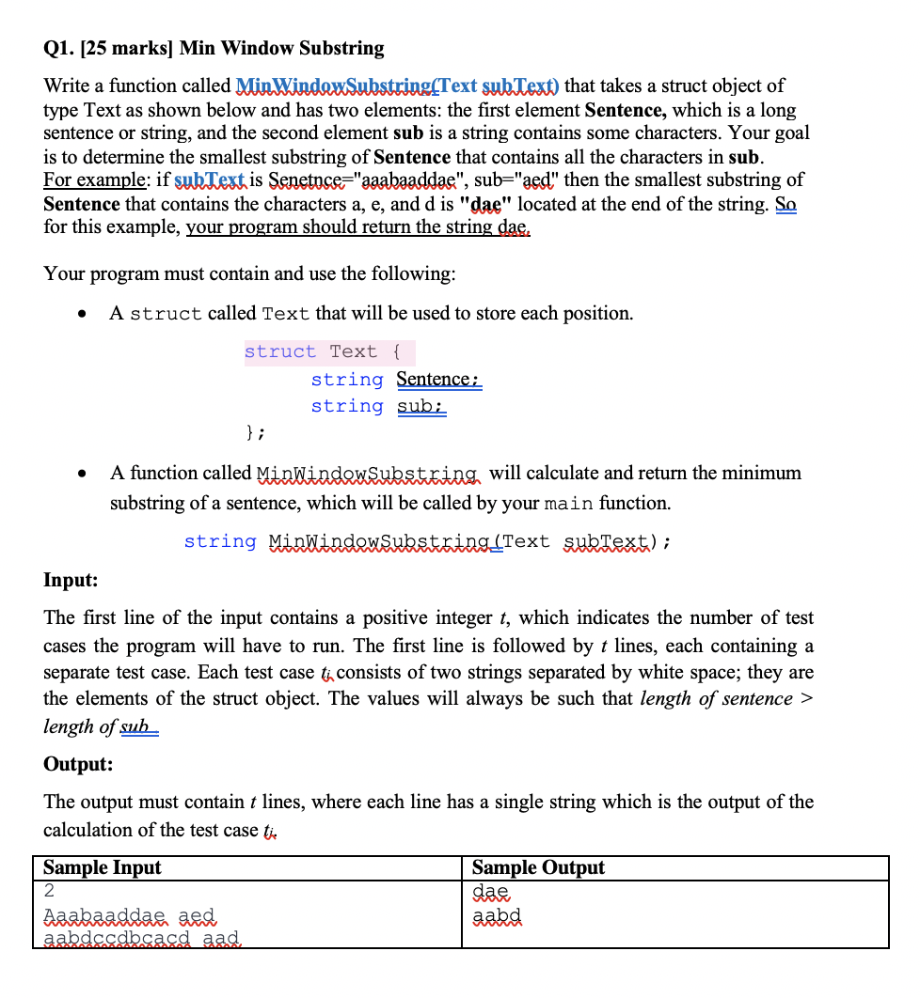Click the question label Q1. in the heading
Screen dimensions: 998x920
[x=61, y=48]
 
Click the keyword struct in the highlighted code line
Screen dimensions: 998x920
[x=280, y=352]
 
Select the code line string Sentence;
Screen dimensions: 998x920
[x=396, y=380]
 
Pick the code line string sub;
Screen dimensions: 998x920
[x=379, y=407]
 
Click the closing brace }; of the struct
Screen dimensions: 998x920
[x=255, y=433]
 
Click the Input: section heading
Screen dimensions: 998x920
[x=71, y=580]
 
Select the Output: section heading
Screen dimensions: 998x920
[x=78, y=764]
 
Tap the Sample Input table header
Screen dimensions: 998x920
[x=103, y=867]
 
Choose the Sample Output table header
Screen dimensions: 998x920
[x=538, y=867]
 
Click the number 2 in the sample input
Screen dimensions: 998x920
[x=50, y=891]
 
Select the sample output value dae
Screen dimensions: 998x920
[x=490, y=891]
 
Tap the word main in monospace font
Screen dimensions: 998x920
[x=569, y=504]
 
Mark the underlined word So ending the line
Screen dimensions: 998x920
[x=785, y=204]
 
